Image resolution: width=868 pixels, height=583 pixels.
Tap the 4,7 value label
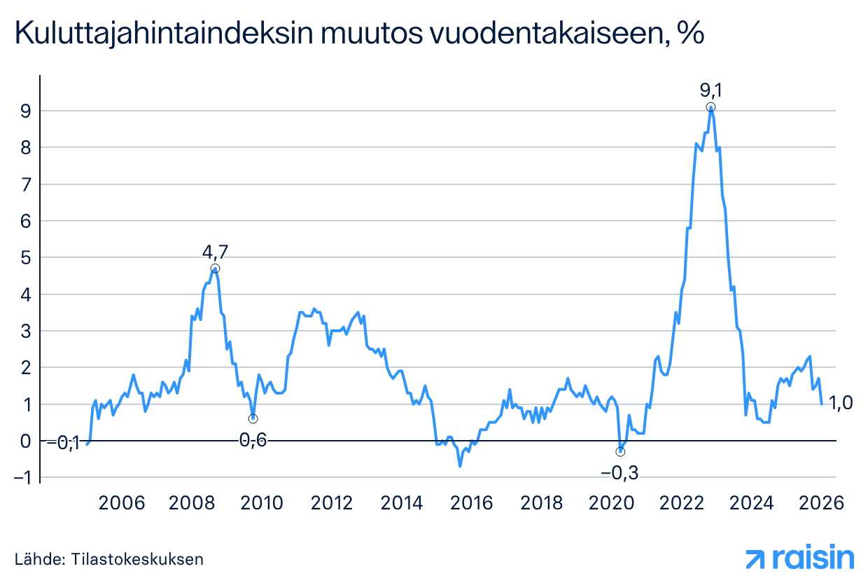216,252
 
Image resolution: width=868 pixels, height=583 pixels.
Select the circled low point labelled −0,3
620,451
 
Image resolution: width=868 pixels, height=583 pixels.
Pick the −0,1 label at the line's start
63,443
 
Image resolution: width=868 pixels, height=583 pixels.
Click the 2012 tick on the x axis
331,504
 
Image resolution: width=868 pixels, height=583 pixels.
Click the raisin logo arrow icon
756,558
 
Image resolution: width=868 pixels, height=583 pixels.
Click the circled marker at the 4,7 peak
216,268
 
